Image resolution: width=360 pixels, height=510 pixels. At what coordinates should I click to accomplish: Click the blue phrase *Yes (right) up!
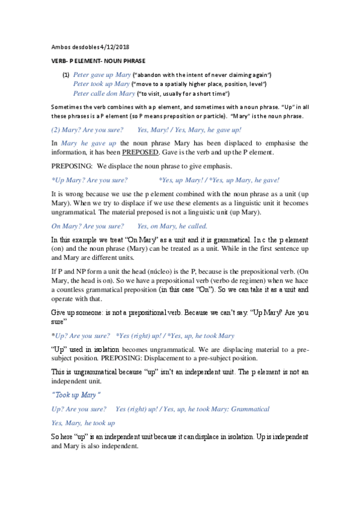coord(140,335)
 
